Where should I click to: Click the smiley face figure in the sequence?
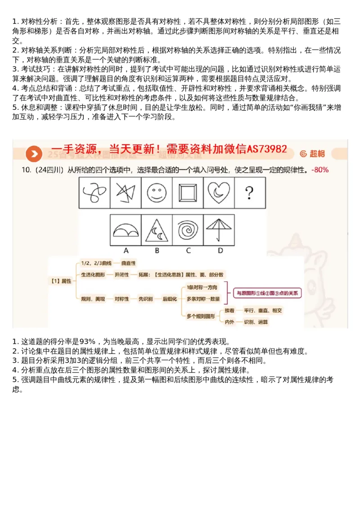click(156, 193)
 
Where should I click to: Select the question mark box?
click(249, 193)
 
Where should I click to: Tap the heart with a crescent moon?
click(218, 193)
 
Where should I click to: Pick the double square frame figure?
click(187, 193)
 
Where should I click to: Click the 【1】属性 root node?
click(60, 281)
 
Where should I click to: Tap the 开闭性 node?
click(121, 275)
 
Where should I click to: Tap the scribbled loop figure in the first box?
click(94, 193)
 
